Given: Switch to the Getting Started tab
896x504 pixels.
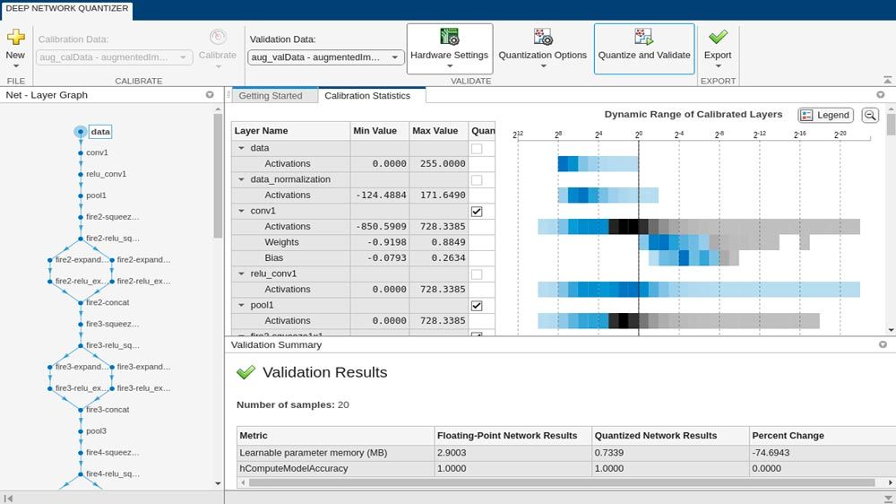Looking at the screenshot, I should (271, 96).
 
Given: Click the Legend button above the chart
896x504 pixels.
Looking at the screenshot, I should (825, 115).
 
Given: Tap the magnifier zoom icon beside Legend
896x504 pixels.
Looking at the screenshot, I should (869, 115).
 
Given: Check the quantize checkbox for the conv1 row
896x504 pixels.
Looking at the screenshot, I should (477, 211).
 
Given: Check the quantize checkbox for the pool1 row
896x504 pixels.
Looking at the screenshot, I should (477, 306).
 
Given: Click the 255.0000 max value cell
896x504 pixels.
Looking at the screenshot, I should (438, 163).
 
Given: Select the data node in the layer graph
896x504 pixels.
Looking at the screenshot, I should (99, 132).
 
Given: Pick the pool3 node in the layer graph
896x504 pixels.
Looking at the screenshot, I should (95, 430).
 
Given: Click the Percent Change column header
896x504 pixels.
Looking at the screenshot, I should (788, 436).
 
